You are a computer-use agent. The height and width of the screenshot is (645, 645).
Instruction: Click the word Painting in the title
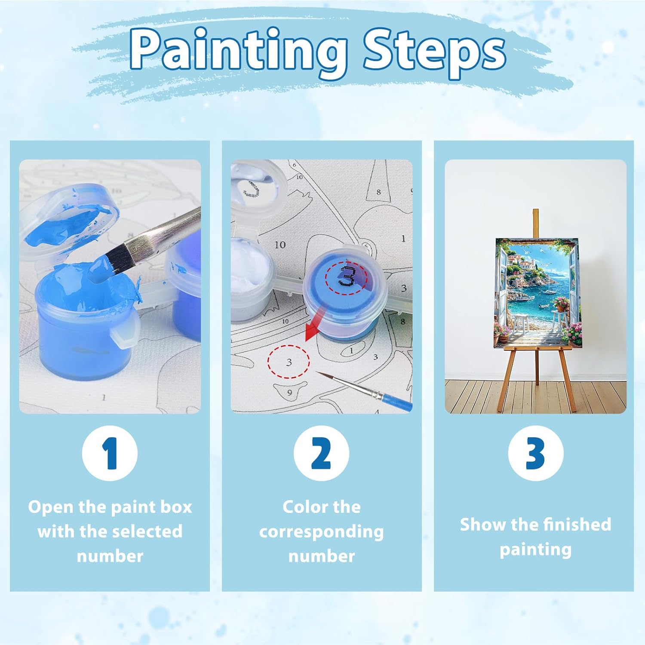pyautogui.click(x=239, y=50)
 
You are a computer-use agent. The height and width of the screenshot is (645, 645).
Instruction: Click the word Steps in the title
pyautogui.click(x=434, y=50)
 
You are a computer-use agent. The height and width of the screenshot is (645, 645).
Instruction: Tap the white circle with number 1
pyautogui.click(x=110, y=453)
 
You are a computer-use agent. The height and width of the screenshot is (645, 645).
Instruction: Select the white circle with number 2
pyautogui.click(x=321, y=453)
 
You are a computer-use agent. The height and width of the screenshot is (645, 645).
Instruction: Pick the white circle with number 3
pyautogui.click(x=535, y=453)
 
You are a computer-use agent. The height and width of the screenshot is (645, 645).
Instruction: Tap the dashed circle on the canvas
pyautogui.click(x=289, y=362)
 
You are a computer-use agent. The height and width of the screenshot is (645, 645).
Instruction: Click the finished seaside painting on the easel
pyautogui.click(x=537, y=292)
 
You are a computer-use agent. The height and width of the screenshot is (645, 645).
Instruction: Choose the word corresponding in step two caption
pyautogui.click(x=321, y=532)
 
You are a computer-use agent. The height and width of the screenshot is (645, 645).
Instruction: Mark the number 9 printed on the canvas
pyautogui.click(x=289, y=392)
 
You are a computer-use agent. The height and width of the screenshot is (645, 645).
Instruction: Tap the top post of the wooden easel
pyautogui.click(x=536, y=223)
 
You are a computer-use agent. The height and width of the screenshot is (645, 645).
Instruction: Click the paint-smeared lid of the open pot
pyautogui.click(x=69, y=224)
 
